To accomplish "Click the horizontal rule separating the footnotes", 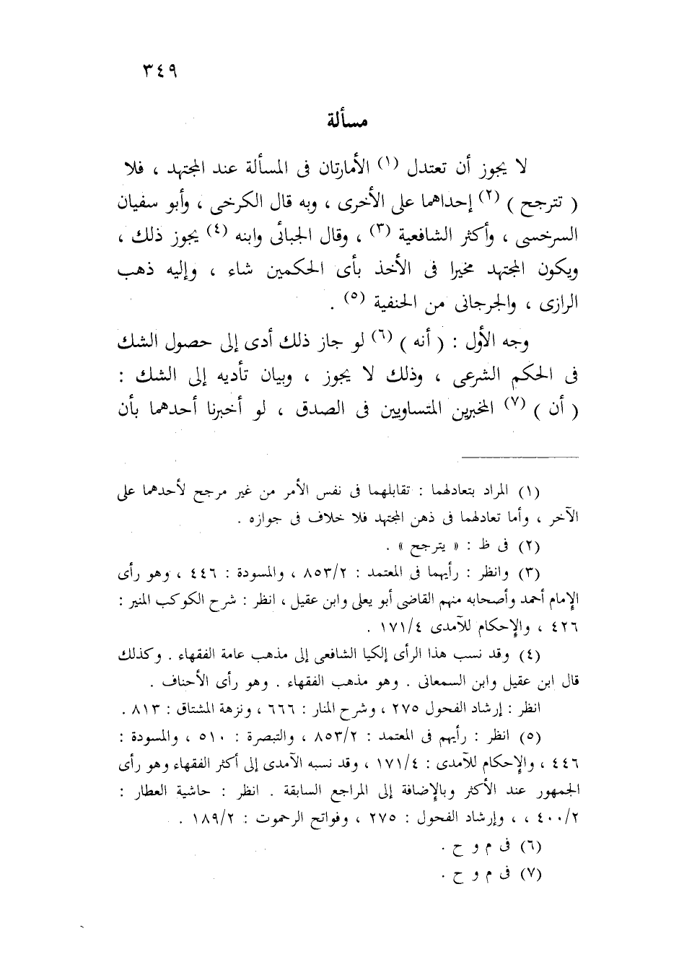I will [x=520, y=456].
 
